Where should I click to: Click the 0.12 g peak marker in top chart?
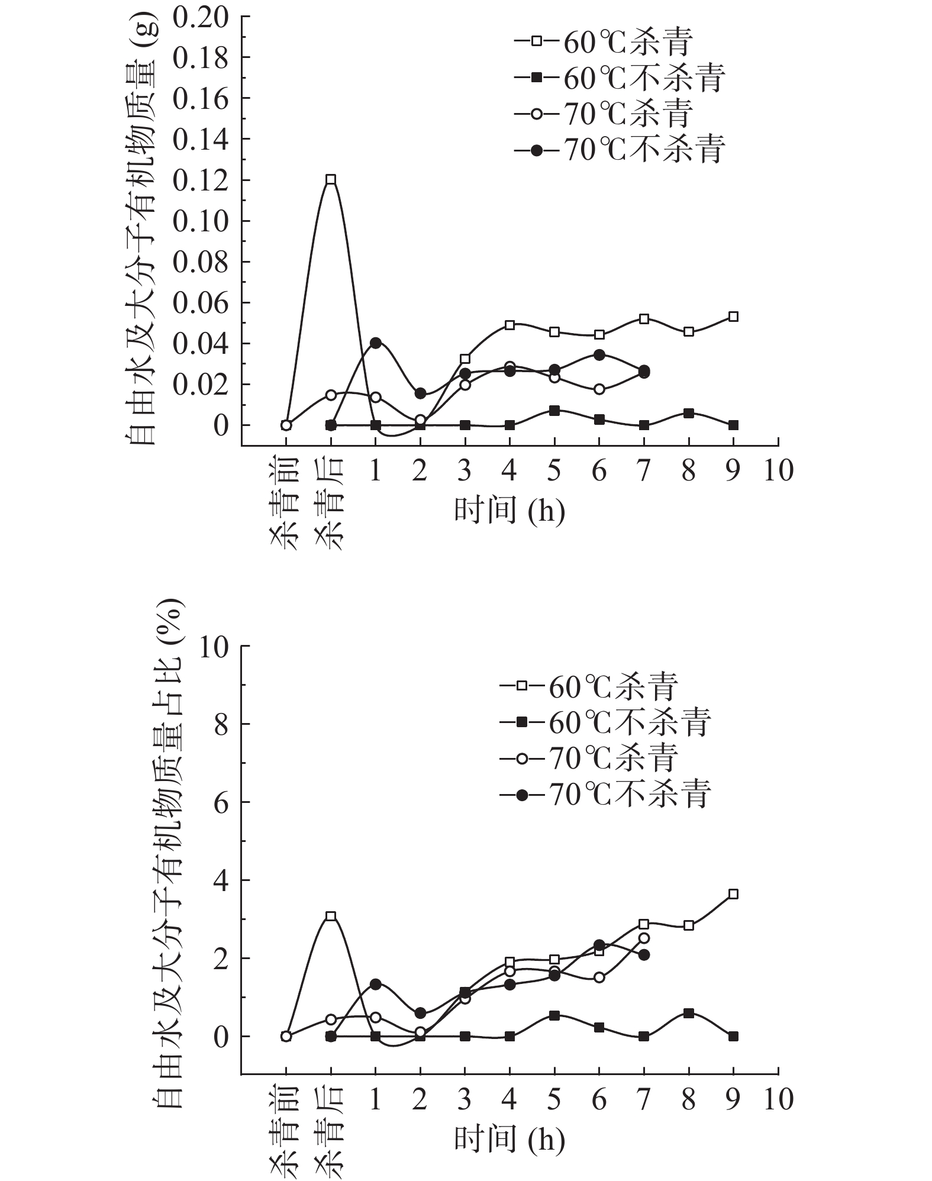point(331,179)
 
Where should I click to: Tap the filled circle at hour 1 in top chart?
point(375,343)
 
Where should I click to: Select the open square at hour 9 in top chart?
point(733,317)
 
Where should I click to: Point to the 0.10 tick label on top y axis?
point(200,221)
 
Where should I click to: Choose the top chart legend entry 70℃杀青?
point(604,114)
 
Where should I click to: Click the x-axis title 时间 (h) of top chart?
point(509,509)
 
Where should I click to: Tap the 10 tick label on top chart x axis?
point(778,471)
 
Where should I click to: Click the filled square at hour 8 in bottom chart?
point(688,1014)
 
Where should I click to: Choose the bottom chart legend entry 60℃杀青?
point(589,687)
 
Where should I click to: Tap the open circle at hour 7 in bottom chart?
point(644,938)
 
